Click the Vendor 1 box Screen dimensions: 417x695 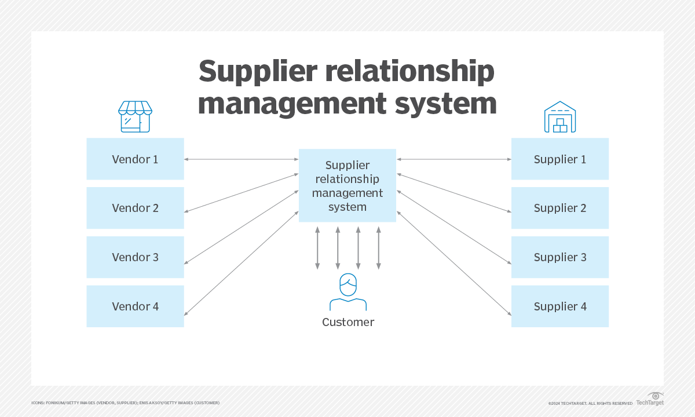point(135,159)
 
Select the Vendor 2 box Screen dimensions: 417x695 point(135,208)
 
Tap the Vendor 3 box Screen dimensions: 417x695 point(135,257)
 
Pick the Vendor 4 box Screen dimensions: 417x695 point(135,306)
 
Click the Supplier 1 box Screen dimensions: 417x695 point(559,159)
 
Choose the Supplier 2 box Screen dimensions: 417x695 point(559,208)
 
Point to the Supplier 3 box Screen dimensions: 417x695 point(559,257)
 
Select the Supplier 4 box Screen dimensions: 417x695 point(559,306)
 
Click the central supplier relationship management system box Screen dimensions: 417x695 point(347,185)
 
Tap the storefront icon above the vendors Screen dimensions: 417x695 point(135,116)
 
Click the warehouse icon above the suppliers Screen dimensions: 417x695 point(559,116)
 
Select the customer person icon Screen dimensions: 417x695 point(348,292)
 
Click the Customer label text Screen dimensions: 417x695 point(348,322)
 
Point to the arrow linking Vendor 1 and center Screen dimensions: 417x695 point(241,159)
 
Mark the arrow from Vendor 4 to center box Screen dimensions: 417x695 point(241,264)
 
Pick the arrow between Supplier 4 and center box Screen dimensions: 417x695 point(453,264)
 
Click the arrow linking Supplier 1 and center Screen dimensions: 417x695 point(453,159)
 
